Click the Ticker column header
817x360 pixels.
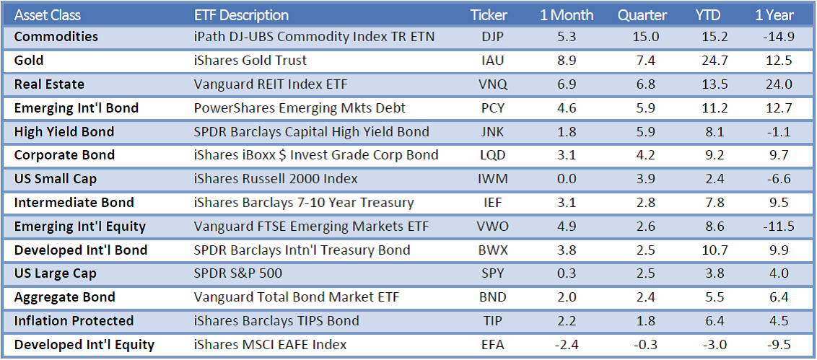pos(489,15)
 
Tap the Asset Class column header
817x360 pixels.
pos(48,15)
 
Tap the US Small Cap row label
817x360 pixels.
pos(55,179)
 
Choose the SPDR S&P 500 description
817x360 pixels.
pos(237,274)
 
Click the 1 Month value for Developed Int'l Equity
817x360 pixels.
pos(566,345)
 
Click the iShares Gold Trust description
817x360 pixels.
pos(250,61)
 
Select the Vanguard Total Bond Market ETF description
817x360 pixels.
pos(297,297)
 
